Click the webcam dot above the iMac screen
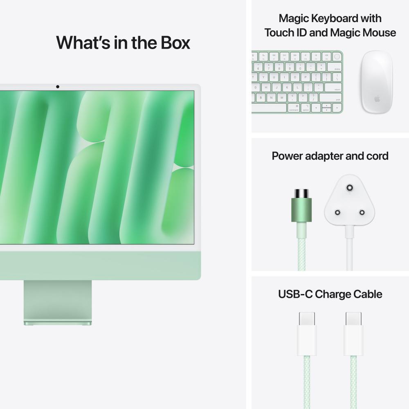(58, 87)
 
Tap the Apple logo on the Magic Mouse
(377, 99)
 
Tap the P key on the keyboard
(304, 77)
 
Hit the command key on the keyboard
(294, 108)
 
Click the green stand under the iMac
(57, 303)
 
